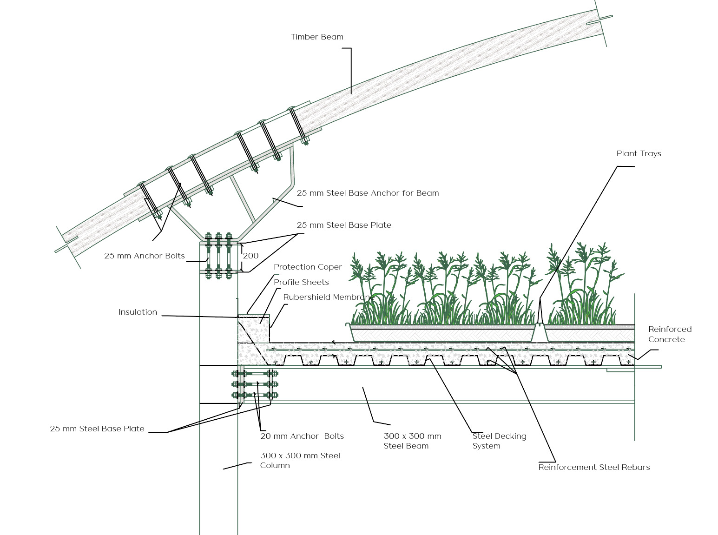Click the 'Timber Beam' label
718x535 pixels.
[x=317, y=37]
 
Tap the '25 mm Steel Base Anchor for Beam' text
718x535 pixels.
[x=368, y=193]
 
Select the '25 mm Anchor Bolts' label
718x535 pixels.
[x=145, y=256]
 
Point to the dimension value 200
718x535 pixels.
[x=250, y=256]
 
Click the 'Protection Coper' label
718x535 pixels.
[x=308, y=267]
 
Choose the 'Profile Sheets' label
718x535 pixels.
[x=301, y=282]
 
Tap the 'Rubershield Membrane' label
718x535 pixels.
[x=329, y=297]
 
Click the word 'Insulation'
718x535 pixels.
[x=138, y=312]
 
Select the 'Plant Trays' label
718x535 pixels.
[x=639, y=153]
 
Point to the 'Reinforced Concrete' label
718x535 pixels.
[x=670, y=334]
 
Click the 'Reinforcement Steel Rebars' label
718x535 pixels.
[x=594, y=467]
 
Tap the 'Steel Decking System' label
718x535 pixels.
[x=499, y=441]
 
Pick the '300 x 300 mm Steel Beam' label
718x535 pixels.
[x=412, y=441]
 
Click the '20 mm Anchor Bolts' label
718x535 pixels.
[x=302, y=436]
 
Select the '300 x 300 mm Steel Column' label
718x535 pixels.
[x=300, y=460]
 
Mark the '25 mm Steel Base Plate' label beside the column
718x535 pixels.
[x=97, y=429]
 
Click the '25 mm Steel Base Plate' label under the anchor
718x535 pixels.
[x=344, y=225]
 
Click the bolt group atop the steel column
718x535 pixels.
[x=218, y=256]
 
